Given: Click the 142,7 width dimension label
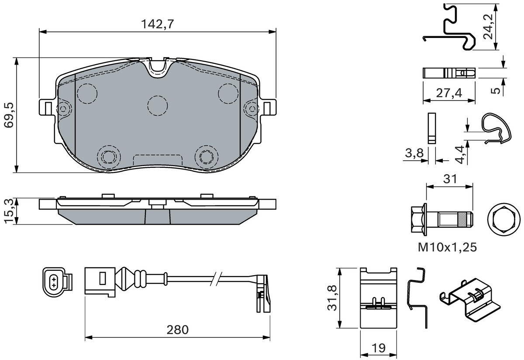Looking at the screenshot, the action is [158, 24].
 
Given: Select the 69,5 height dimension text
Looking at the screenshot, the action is [9, 115].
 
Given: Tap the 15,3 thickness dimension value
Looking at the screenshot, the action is [9, 211].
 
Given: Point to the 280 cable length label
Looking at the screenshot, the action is [177, 330].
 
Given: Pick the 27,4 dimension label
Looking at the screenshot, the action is [449, 93].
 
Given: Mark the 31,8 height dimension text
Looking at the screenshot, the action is [332, 298].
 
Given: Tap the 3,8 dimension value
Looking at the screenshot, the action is [414, 153].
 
